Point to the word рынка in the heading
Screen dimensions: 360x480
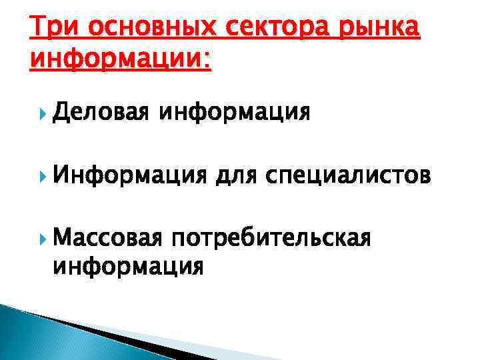(380, 30)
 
